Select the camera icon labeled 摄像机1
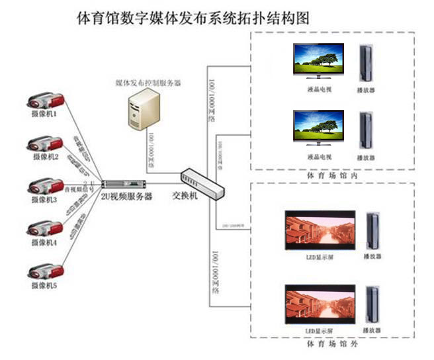click(46, 101)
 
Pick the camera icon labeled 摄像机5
click(46, 273)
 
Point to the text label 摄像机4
click(45, 243)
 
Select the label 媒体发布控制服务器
click(148, 83)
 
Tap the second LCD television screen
click(318, 128)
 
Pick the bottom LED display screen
click(320, 304)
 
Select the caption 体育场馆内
click(332, 177)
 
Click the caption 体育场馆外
click(332, 345)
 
